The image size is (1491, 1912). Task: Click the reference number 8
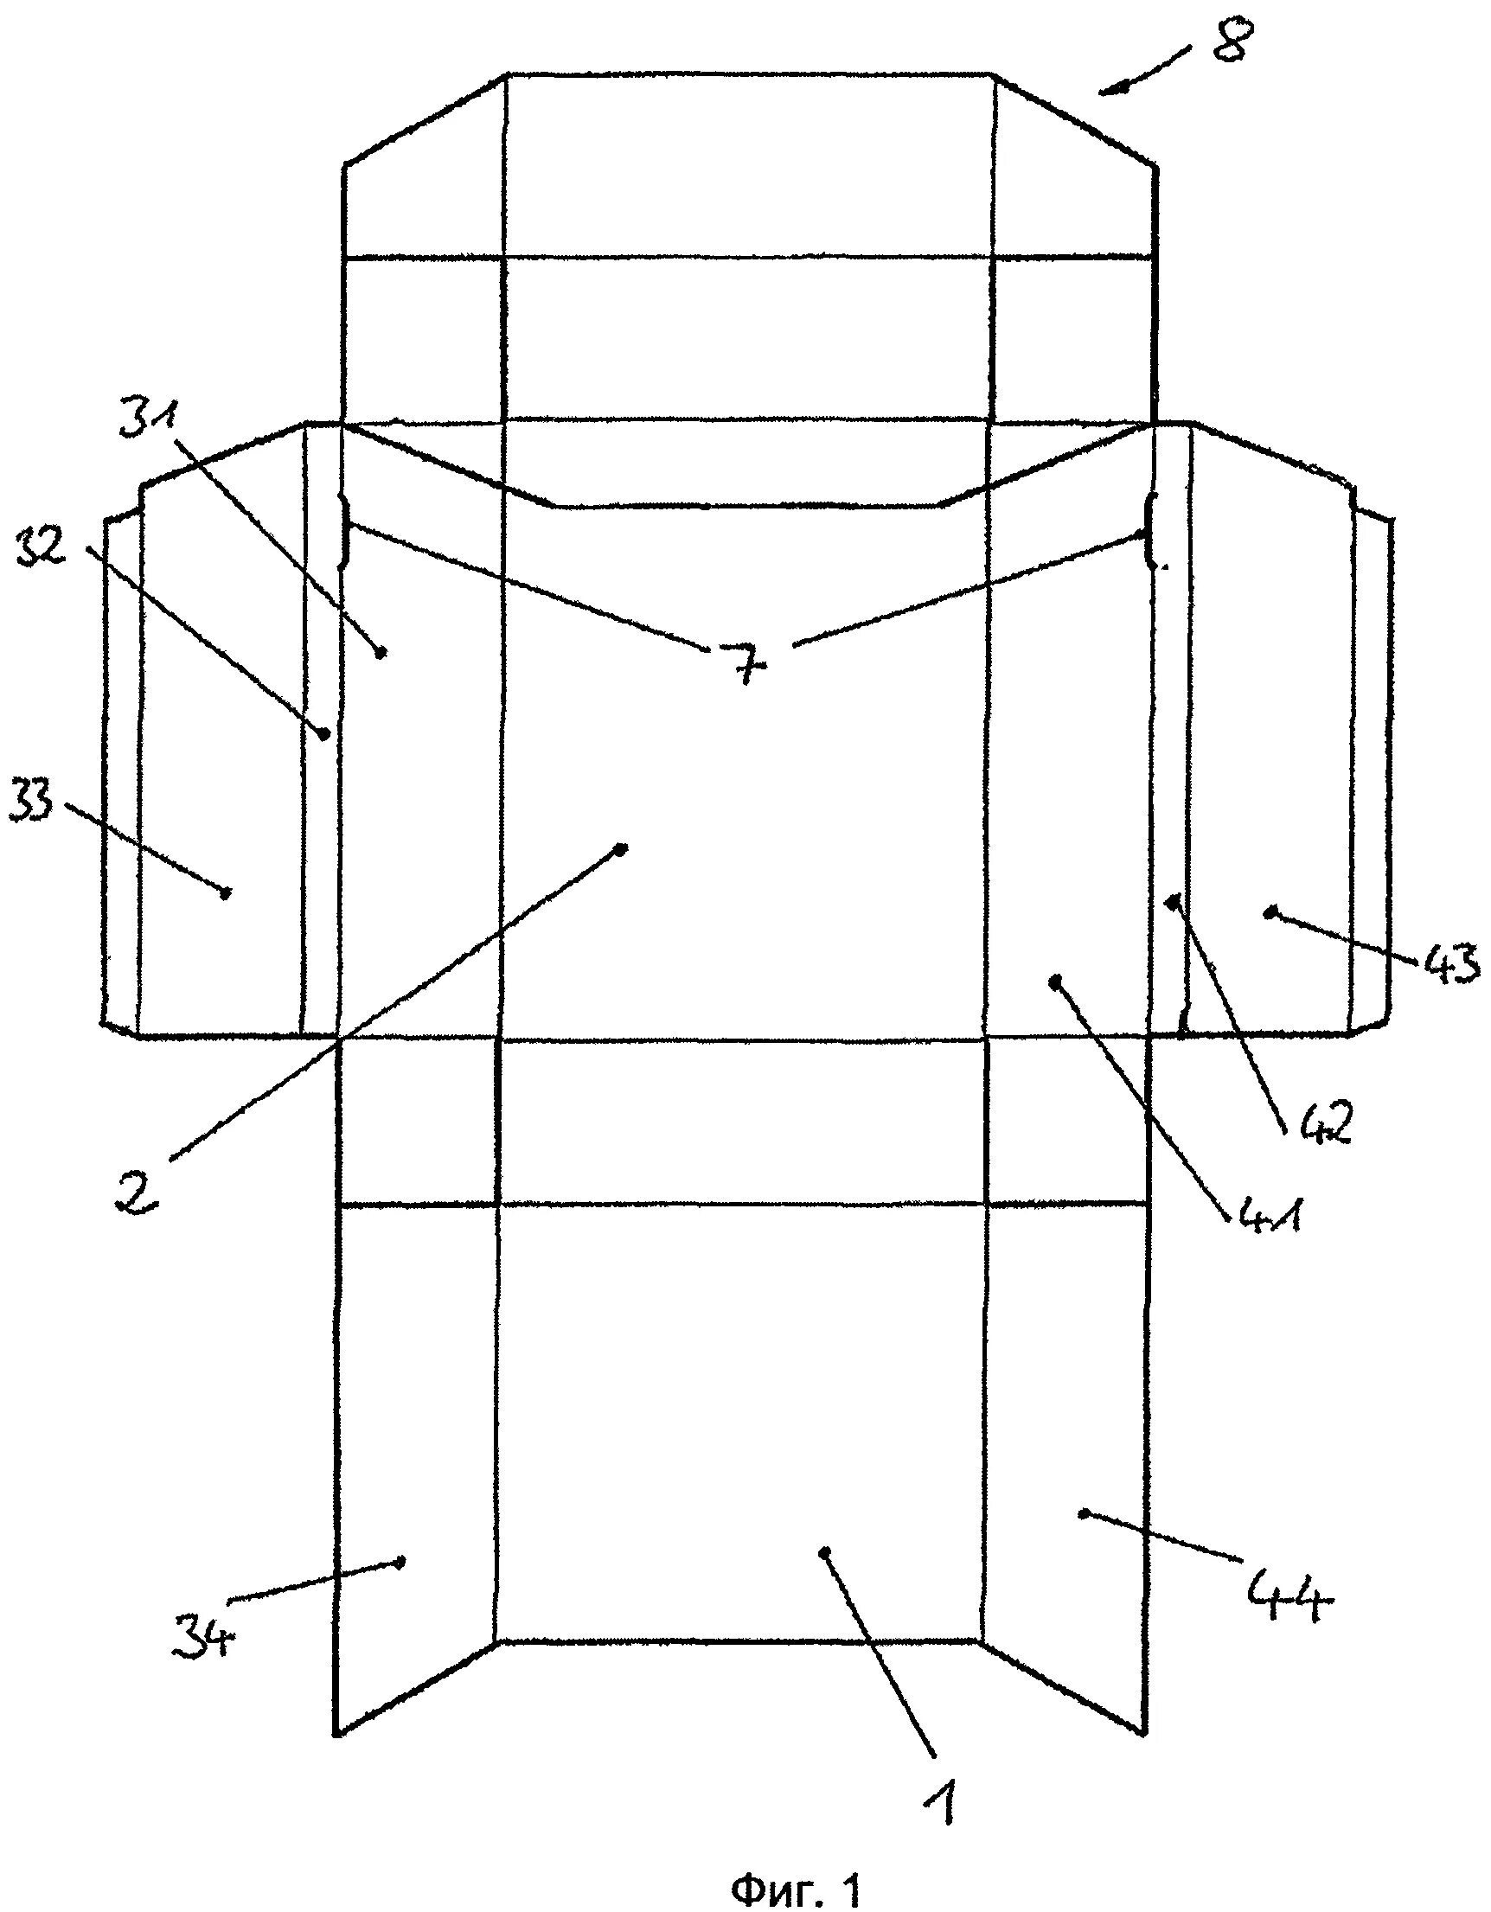[x=1233, y=41]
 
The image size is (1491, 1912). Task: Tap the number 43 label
[x=1449, y=966]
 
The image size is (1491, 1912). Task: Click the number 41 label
[x=1264, y=1214]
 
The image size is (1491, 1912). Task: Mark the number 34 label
[x=204, y=1635]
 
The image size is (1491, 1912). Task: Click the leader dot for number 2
[x=622, y=848]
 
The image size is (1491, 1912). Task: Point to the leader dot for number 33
[x=226, y=892]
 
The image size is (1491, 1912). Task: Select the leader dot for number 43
[x=1269, y=913]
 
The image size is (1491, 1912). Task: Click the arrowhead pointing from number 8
[x=1105, y=90]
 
